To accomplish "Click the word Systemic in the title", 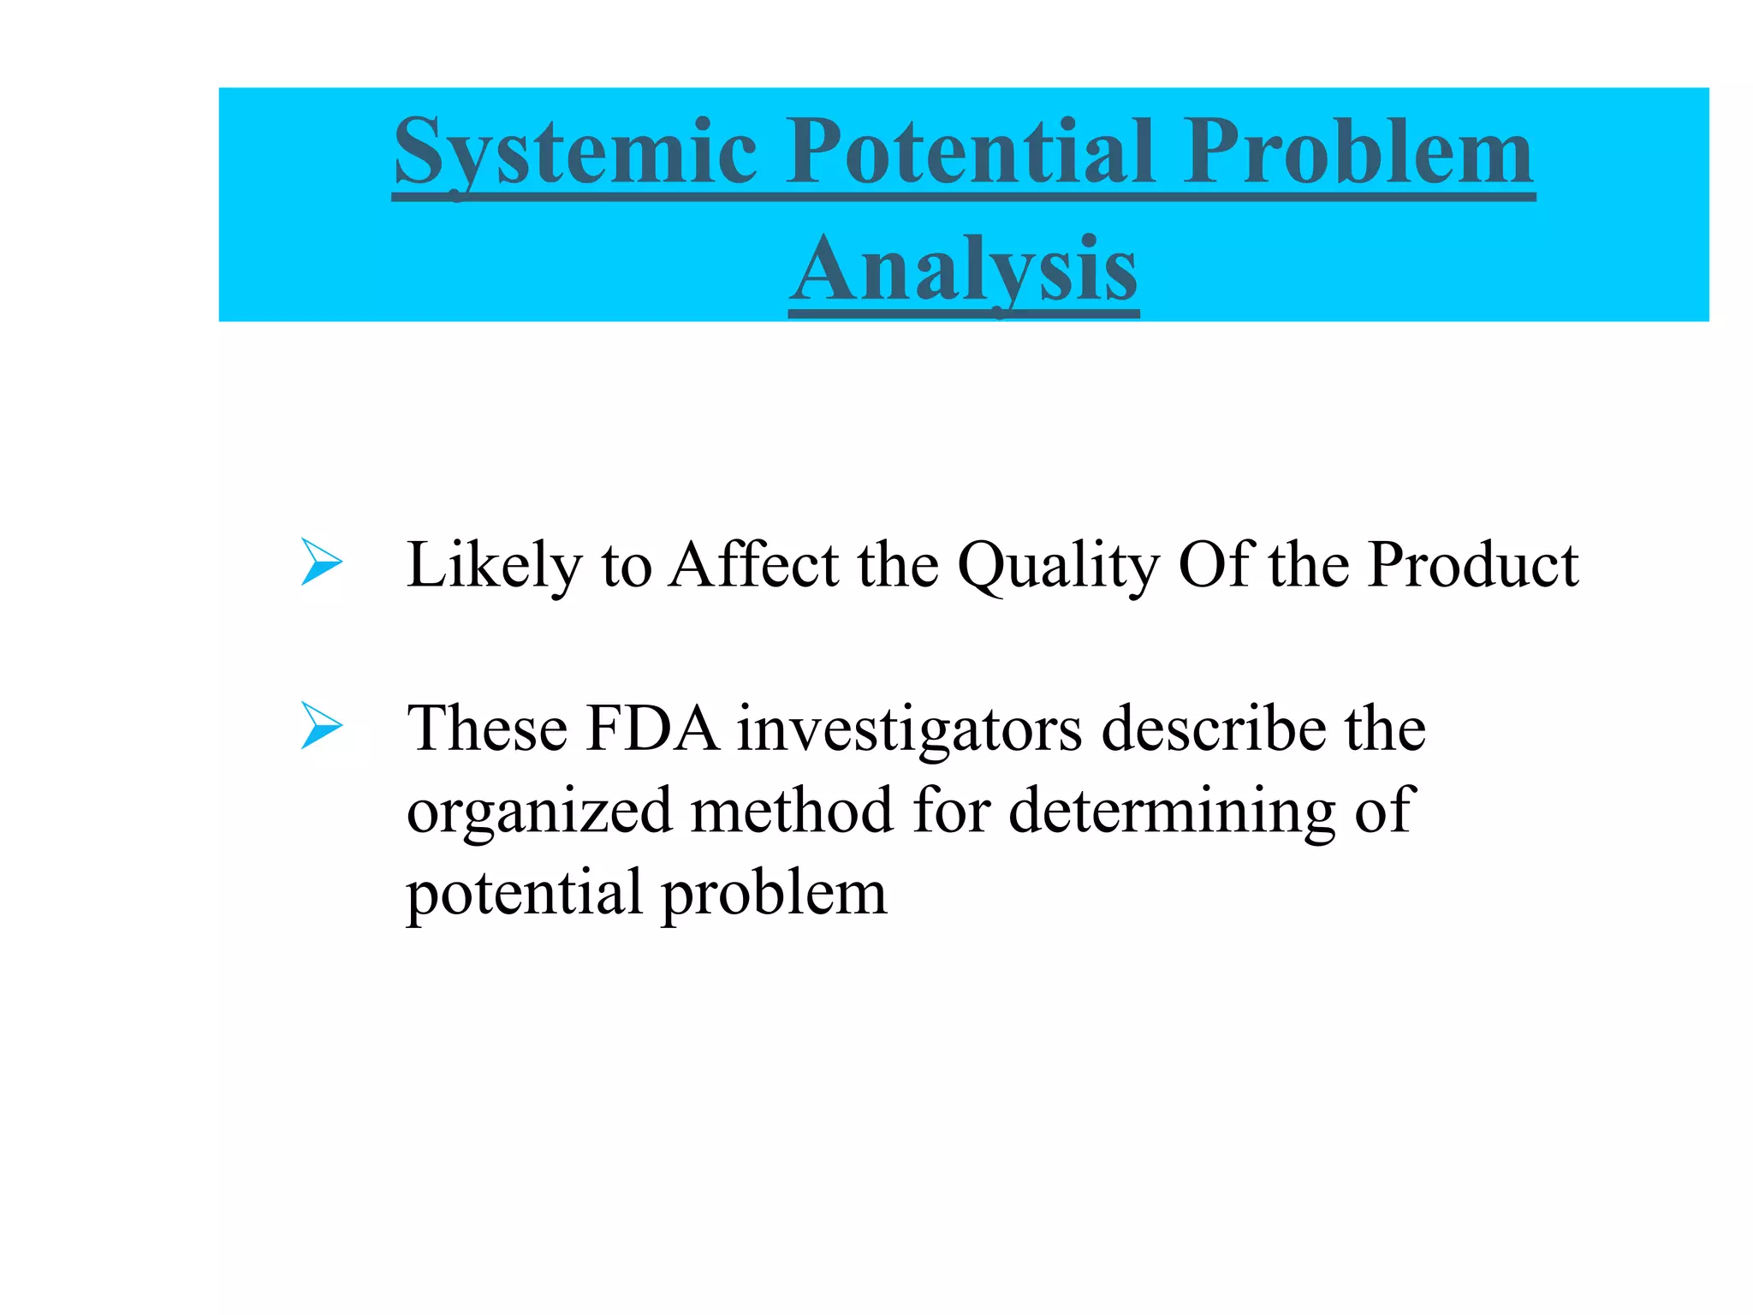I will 575,154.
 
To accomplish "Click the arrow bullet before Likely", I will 321,562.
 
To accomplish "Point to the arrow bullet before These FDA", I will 321,726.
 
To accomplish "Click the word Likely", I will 494,566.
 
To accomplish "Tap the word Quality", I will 1058,566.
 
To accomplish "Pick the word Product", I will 1472,564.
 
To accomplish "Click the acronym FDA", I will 652,729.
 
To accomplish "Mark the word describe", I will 1212,729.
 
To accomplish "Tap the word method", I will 793,810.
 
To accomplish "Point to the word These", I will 487,729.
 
